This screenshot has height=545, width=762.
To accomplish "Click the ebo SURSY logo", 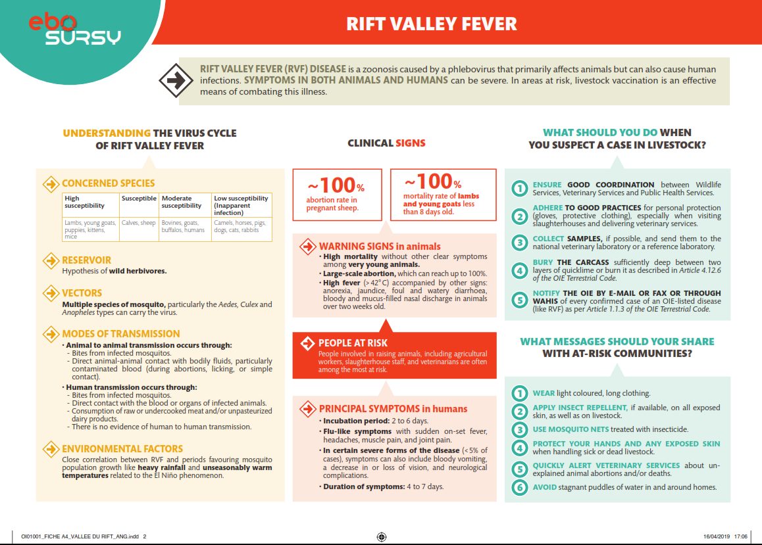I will pos(74,30).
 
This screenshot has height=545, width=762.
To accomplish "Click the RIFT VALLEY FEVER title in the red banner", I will pos(432,24).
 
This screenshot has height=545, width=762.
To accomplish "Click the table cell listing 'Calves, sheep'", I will pos(139,223).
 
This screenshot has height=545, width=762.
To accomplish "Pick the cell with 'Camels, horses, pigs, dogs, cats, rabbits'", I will pos(241,227).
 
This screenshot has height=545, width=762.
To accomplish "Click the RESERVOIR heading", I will pos(86,260).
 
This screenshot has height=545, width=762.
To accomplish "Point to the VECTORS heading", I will pos(82,293).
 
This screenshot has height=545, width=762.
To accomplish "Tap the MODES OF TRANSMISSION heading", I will pos(120,334).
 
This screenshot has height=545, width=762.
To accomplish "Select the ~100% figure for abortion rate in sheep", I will pos(336,185).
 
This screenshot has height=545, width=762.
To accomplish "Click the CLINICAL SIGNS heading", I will pos(386,143).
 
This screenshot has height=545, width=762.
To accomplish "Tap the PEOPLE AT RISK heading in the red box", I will pos(353,343).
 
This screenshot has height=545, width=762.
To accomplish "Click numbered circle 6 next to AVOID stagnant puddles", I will pos(520,487).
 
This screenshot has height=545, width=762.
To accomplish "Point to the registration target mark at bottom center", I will pos(381,536).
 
